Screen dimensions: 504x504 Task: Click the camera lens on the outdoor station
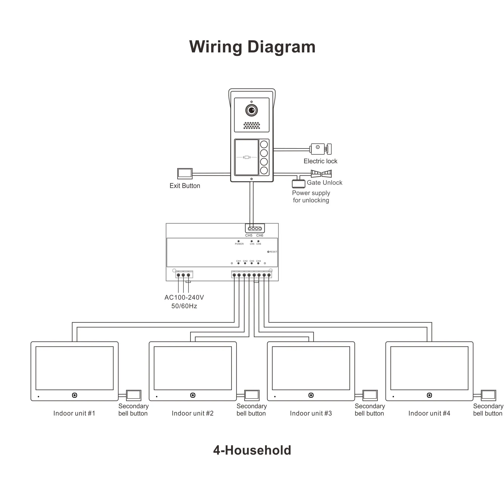click(x=251, y=110)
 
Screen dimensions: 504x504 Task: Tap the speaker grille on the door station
click(x=252, y=125)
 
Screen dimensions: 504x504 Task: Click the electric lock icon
click(x=321, y=149)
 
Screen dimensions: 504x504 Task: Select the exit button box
click(x=185, y=173)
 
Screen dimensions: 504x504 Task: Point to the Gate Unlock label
click(x=324, y=183)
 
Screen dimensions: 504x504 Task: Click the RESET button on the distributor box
click(x=268, y=252)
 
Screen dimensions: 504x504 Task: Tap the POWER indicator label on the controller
click(x=239, y=244)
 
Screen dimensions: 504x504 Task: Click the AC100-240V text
click(x=184, y=297)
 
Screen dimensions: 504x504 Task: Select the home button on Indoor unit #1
click(x=75, y=395)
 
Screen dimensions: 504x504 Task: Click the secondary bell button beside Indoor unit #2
click(x=252, y=395)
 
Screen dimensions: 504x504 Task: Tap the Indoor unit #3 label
click(x=311, y=413)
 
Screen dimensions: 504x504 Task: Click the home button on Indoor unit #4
click(x=429, y=395)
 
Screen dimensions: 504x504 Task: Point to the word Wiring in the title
click(x=215, y=47)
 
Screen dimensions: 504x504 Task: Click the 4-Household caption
click(x=252, y=450)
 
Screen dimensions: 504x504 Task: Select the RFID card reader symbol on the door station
click(x=246, y=157)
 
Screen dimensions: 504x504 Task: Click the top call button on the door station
click(x=264, y=144)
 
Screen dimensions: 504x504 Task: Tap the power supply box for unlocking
click(x=298, y=184)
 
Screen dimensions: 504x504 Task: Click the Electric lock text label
click(x=320, y=161)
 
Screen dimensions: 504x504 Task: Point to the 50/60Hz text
click(x=184, y=306)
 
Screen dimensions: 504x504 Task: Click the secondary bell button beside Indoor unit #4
click(x=488, y=395)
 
